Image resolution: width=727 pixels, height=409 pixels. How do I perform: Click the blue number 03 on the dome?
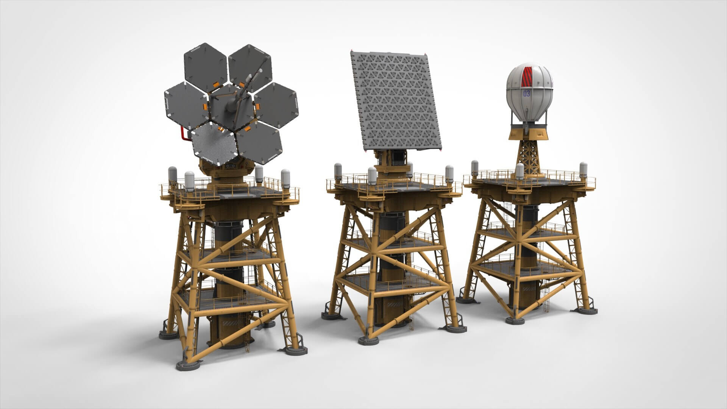pyautogui.click(x=526, y=93)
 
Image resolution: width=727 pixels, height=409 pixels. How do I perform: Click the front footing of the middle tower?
pyautogui.click(x=368, y=340)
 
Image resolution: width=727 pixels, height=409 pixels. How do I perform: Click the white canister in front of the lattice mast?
pyautogui.click(x=520, y=171)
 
